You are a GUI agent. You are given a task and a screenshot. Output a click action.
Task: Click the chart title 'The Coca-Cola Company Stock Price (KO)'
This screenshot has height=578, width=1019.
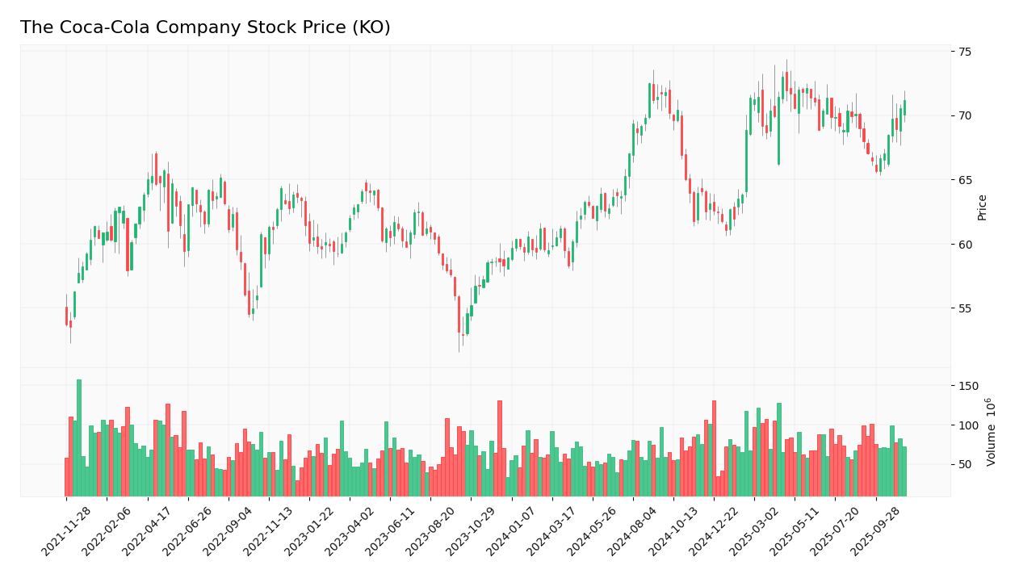(205, 27)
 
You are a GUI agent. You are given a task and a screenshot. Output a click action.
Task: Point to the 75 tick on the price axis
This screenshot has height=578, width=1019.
(964, 51)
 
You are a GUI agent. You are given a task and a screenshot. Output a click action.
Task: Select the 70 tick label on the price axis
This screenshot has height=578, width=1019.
(964, 115)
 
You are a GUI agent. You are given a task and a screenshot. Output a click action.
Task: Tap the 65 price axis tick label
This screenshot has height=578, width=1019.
(964, 180)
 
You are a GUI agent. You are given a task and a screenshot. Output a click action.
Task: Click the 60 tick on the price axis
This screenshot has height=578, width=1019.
(964, 244)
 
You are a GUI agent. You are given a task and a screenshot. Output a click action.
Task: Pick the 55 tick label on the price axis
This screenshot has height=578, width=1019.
(964, 308)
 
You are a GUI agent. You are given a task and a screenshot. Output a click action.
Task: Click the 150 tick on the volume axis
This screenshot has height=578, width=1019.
(967, 386)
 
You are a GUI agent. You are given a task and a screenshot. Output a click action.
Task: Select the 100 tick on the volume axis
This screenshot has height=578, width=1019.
(967, 425)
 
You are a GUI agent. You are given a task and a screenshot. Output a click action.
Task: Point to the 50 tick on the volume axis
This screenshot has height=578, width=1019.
(964, 464)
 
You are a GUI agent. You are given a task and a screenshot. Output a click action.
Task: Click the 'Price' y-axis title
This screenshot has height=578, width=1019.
(983, 207)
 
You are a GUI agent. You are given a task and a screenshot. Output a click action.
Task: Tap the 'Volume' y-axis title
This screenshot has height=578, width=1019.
(991, 432)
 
